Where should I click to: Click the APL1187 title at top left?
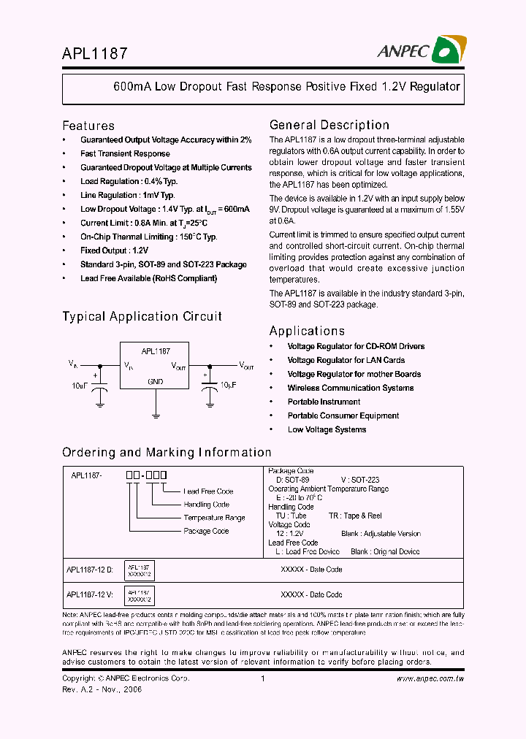click(95, 54)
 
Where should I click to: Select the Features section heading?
click(88, 126)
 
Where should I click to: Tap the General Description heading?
click(329, 125)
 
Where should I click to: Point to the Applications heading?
click(307, 331)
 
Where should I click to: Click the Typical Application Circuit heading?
click(142, 316)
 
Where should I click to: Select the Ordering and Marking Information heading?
click(167, 452)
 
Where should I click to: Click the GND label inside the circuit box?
click(156, 381)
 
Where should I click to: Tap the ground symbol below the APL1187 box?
click(156, 416)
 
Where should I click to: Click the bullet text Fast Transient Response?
click(125, 153)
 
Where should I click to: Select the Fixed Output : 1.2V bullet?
click(119, 250)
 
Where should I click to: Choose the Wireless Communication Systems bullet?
click(350, 388)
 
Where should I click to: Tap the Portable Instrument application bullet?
click(324, 402)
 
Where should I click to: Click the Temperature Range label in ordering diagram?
click(214, 518)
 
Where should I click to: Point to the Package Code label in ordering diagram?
click(206, 531)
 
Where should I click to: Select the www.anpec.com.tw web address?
click(430, 679)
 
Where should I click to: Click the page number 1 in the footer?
click(262, 679)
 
